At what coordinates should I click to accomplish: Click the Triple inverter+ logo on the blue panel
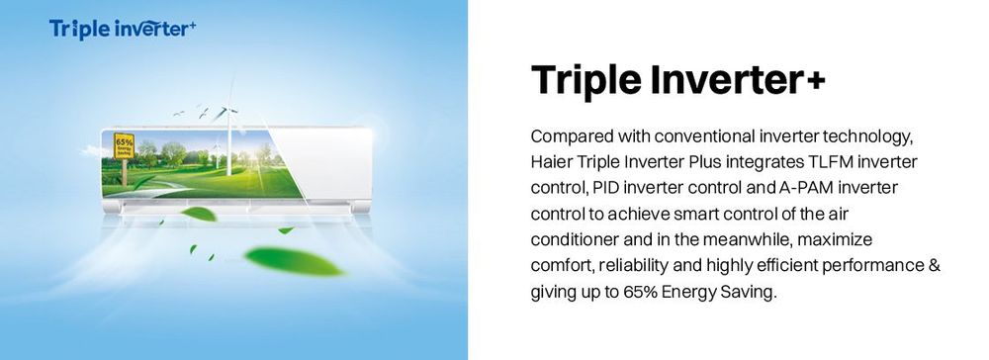coord(123,29)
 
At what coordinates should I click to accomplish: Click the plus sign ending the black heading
coord(813,81)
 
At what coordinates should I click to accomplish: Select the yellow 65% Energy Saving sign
coord(125,145)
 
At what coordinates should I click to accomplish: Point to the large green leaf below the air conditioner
coord(294,261)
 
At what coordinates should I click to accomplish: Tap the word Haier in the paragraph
coord(548,162)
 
